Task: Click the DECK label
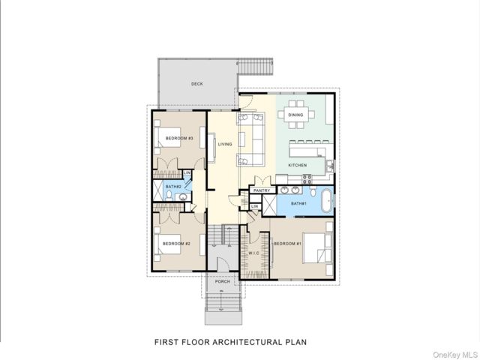[x=196, y=83]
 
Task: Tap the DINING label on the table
[x=295, y=115]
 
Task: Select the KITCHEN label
[x=297, y=165]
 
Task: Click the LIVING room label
[x=225, y=144]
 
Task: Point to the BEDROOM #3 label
[x=179, y=138]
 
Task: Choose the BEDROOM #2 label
[x=176, y=244]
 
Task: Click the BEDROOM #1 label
[x=288, y=244]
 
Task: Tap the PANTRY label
[x=262, y=190]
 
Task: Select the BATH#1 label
[x=298, y=203]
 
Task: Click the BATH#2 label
[x=173, y=187]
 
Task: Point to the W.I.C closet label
[x=253, y=253]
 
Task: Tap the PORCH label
[x=223, y=282]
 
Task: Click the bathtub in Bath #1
[x=327, y=201]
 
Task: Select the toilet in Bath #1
[x=313, y=191]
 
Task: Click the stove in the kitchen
[x=307, y=179]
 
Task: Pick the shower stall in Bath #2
[x=158, y=190]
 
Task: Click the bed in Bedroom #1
[x=317, y=248]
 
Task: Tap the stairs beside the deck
[x=255, y=67]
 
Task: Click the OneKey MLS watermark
[x=455, y=355]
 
